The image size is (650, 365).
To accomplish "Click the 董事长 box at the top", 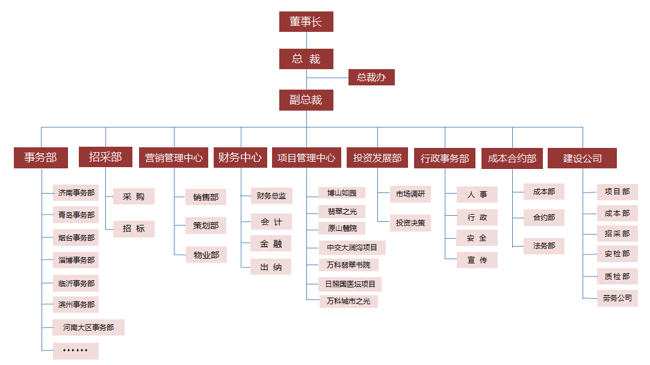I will click(306, 22).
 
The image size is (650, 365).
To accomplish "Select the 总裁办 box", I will click(371, 77).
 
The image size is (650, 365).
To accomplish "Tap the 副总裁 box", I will click(306, 100).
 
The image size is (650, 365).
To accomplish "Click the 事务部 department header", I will click(41, 158).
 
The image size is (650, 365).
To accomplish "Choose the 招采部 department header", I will click(105, 157).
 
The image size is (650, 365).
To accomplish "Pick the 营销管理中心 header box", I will click(174, 158).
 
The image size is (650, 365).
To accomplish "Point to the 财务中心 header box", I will click(240, 158).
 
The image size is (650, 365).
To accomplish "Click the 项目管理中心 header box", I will click(306, 158).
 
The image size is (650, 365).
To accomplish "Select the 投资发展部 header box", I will click(377, 158).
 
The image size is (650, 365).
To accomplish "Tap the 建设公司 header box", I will click(583, 158).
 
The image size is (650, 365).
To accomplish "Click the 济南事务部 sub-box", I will click(76, 193).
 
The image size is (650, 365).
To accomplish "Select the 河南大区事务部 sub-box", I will click(88, 328).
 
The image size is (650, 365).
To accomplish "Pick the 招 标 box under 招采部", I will click(134, 229).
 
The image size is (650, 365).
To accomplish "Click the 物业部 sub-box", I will click(206, 255).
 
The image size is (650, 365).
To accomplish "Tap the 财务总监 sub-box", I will click(271, 195).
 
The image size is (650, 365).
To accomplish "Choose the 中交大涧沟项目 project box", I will click(352, 247).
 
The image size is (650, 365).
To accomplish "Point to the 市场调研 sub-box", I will click(410, 194).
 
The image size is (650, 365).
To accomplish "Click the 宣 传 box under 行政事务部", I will click(477, 260).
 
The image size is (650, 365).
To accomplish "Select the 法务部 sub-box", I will click(544, 246).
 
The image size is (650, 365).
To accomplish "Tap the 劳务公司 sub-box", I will click(617, 298).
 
